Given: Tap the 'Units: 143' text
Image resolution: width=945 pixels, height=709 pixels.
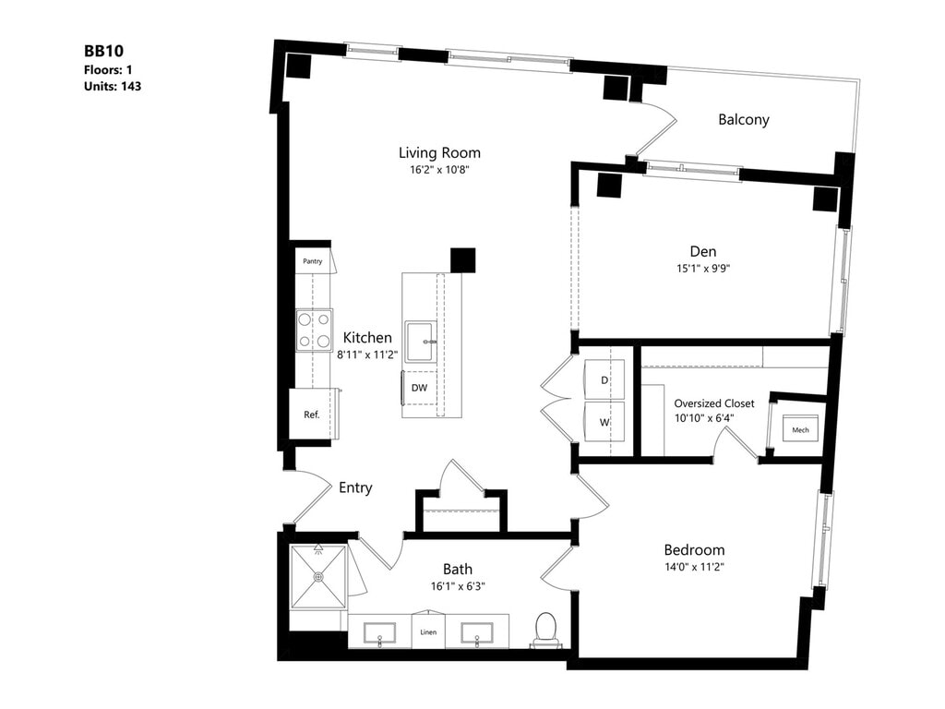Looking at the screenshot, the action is [x=112, y=86].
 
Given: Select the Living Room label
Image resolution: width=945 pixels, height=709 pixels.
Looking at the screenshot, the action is [x=439, y=152].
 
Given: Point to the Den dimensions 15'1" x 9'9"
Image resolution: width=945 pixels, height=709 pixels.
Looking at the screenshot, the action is [x=702, y=269].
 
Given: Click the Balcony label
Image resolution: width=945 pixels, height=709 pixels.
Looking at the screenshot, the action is [x=743, y=119].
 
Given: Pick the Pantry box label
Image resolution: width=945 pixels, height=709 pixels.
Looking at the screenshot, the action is [x=313, y=261].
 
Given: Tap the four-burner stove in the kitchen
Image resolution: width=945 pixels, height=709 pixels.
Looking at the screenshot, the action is [x=314, y=330].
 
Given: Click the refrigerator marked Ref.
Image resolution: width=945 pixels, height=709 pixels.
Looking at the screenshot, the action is [x=312, y=415].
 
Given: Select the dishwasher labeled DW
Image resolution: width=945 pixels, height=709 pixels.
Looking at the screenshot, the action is [x=419, y=388].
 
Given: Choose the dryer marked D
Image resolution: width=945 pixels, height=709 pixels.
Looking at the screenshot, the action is [x=604, y=379].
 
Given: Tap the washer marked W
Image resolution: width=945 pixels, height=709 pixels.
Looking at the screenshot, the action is [x=604, y=422].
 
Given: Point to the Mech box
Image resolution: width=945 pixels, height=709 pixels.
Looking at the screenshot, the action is [x=800, y=430].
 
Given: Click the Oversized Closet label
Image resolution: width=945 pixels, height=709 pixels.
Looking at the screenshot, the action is [x=713, y=403].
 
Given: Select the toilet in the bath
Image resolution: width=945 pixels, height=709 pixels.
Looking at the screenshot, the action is [x=545, y=628].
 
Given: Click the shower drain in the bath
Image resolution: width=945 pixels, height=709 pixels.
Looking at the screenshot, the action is [x=318, y=577].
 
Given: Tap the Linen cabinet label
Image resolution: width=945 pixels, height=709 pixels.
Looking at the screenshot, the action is [x=428, y=632].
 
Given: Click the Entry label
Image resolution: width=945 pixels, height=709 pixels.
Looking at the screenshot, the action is [x=355, y=487].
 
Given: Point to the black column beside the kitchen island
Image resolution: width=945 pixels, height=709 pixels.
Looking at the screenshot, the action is [x=462, y=260].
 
